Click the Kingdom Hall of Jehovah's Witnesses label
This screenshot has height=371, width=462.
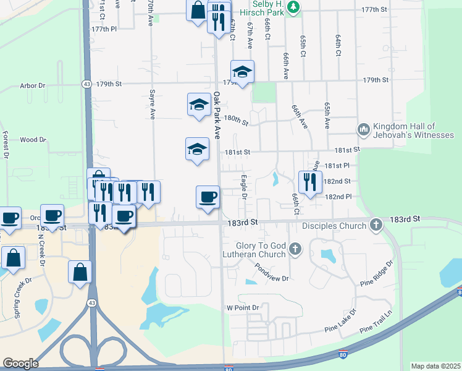(x=414, y=130)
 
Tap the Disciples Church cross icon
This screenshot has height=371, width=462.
(x=375, y=226)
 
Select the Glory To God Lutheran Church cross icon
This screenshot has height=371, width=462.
(x=295, y=250)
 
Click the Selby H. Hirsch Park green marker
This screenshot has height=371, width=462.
(x=295, y=7)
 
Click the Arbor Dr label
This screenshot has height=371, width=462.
(x=33, y=86)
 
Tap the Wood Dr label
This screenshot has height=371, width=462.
(x=33, y=140)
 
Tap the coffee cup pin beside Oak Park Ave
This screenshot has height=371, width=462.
(x=208, y=197)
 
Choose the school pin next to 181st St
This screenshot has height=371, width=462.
(x=197, y=149)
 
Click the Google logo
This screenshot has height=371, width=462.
(x=20, y=364)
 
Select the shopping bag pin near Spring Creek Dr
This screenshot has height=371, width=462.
(x=13, y=258)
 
